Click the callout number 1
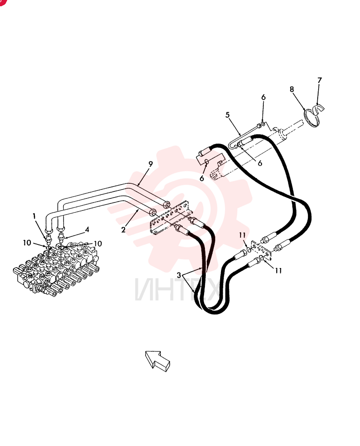(34, 216)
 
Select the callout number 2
(123, 230)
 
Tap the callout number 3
(179, 275)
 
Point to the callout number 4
(87, 229)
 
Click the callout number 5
(228, 115)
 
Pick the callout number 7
(319, 80)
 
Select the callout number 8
(292, 89)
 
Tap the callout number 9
(151, 164)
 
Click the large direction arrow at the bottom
(157, 361)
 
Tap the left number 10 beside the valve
(27, 243)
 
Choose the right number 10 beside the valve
(98, 244)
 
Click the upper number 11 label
(242, 235)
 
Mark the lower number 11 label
(278, 271)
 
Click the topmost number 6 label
(263, 98)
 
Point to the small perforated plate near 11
(262, 250)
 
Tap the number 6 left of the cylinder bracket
(202, 178)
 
